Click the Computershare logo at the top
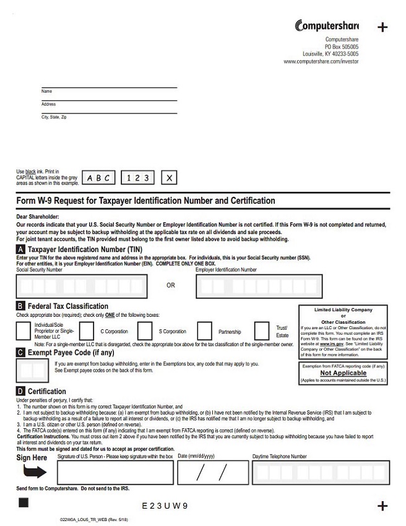(x=326, y=26)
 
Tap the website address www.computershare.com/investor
(x=321, y=62)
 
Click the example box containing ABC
(x=99, y=178)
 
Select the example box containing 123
(x=137, y=178)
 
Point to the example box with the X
(x=170, y=178)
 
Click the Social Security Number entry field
(x=82, y=286)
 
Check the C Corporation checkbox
(x=87, y=331)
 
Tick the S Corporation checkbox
(x=145, y=331)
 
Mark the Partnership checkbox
(x=205, y=331)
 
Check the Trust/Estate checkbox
(x=262, y=331)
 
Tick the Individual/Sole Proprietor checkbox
(x=23, y=331)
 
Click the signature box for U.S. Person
(x=115, y=473)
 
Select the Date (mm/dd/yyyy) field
(x=213, y=473)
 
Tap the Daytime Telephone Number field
(x=319, y=473)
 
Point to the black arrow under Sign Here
(x=35, y=472)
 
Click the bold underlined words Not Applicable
(x=343, y=373)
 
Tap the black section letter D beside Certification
(x=21, y=391)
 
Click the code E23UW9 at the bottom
(x=165, y=506)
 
